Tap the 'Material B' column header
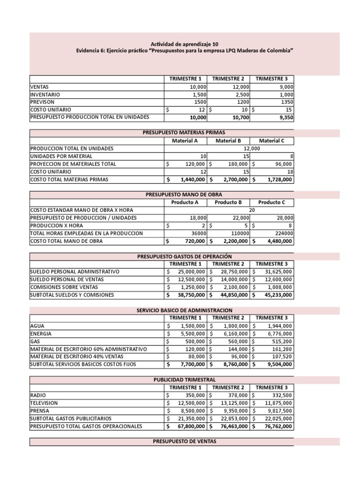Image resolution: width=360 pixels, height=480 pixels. click(x=228, y=141)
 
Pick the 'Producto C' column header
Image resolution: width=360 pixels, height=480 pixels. click(x=272, y=202)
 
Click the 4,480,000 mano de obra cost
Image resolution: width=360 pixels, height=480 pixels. click(x=277, y=241)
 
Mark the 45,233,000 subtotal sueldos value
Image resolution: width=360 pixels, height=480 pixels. click(x=275, y=295)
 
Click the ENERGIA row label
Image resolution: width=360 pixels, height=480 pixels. click(x=41, y=333)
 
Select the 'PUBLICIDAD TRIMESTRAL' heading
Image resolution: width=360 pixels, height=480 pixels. click(x=184, y=379)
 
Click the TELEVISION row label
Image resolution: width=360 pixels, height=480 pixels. click(x=44, y=403)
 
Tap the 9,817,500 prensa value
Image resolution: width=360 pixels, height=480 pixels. click(x=278, y=410)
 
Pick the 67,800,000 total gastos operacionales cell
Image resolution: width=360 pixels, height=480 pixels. click(x=189, y=426)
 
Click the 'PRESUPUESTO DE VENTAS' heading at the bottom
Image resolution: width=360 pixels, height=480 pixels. click(x=184, y=441)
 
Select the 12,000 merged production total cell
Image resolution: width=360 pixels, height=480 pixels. click(x=252, y=148)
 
